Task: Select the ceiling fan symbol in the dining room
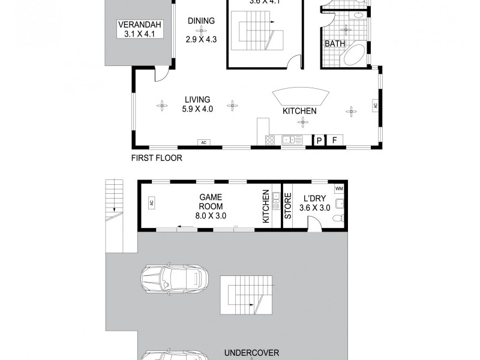click(x=202, y=31)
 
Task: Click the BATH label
click(x=334, y=44)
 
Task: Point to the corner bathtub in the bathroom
click(x=355, y=56)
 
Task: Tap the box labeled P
click(x=319, y=140)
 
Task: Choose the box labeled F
click(x=335, y=140)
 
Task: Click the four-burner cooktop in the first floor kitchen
click(x=270, y=140)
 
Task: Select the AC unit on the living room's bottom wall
click(x=203, y=142)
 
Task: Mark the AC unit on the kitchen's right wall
click(x=375, y=105)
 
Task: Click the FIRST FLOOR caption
click(x=156, y=158)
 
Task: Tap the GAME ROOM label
click(x=212, y=206)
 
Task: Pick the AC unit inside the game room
click(x=151, y=203)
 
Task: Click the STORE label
click(x=287, y=206)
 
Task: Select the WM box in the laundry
click(x=339, y=189)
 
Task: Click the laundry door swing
click(x=314, y=223)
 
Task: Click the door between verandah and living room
click(x=161, y=74)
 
